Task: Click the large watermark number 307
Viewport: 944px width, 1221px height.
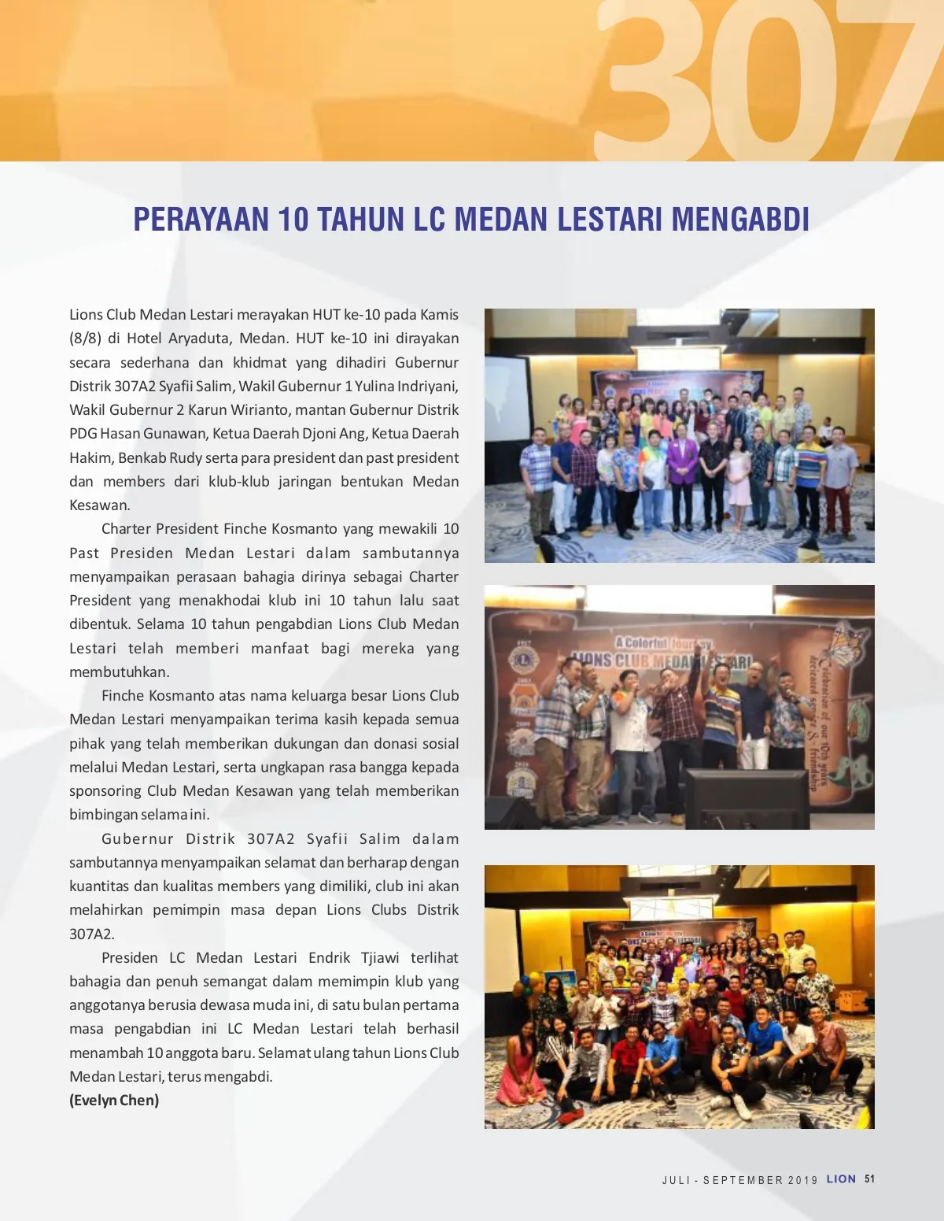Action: (x=755, y=83)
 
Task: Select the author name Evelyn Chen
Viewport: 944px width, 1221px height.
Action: (x=114, y=1100)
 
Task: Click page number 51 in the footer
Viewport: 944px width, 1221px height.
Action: (x=869, y=1179)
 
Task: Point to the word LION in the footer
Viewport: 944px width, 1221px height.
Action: (x=841, y=1179)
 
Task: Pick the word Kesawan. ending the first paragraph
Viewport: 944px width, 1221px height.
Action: (x=100, y=505)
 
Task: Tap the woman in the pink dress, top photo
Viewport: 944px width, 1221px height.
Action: (x=738, y=480)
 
